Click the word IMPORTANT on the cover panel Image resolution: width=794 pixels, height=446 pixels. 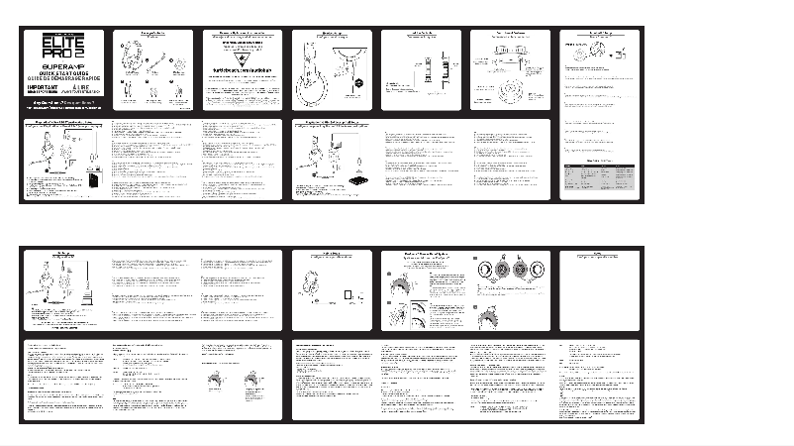click(43, 85)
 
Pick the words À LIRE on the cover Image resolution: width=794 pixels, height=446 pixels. click(75, 85)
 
